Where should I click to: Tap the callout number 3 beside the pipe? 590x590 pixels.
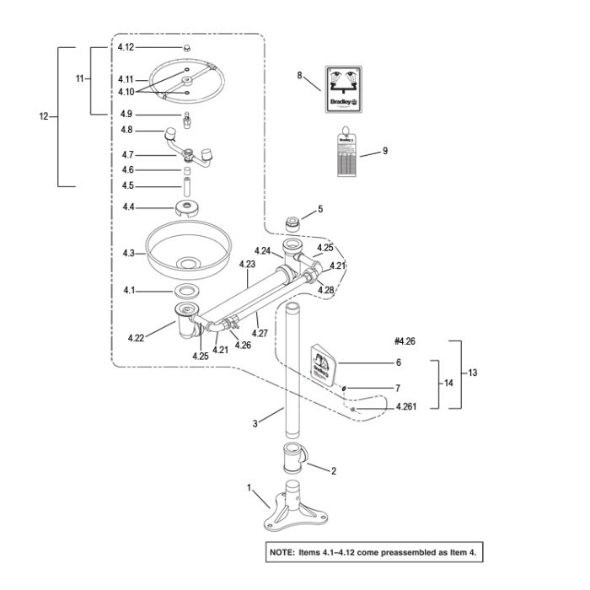pos(255,424)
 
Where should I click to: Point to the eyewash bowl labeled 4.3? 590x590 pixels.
pos(186,248)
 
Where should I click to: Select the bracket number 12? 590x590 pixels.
pos(44,116)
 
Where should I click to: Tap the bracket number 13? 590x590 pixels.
pos(472,373)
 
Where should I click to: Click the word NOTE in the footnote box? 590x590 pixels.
pos(282,552)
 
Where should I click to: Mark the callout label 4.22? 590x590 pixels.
pos(137,338)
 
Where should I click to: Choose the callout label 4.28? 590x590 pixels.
pos(326,290)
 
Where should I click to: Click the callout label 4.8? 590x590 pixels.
pos(127,130)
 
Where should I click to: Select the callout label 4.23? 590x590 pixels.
pos(247,264)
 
